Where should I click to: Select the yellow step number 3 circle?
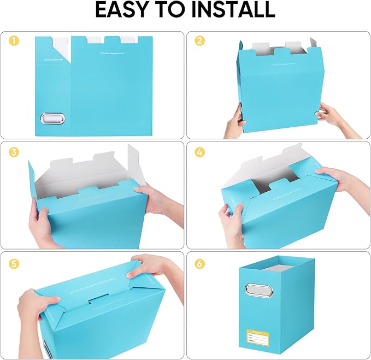pos(14,152)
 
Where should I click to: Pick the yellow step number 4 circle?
pos(200,152)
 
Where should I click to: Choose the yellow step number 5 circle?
pos(14,264)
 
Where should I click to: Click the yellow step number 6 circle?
pos(200,264)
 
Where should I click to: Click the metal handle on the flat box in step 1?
pos(52,119)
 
